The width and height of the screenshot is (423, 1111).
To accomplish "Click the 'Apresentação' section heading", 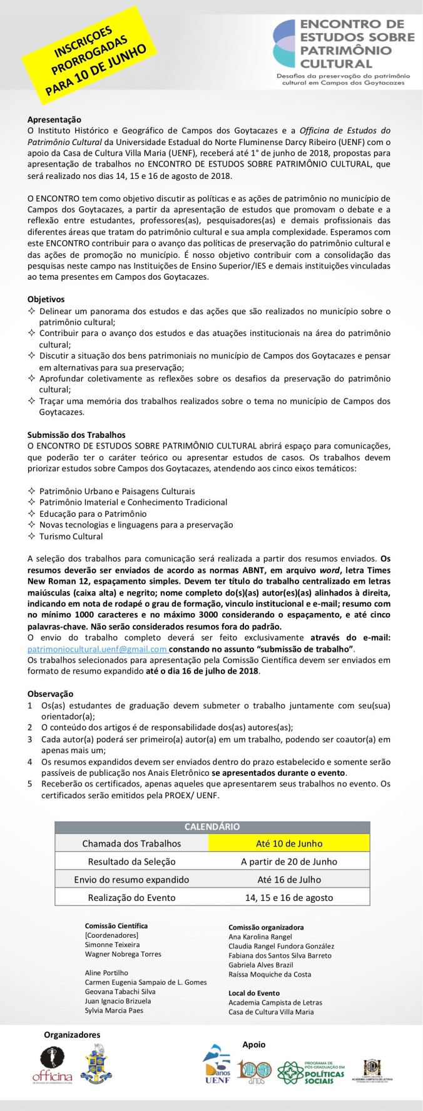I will pos(54,119).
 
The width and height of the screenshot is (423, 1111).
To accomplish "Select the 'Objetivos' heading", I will pos(46,299).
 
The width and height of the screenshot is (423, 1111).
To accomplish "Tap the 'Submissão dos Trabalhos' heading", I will pos(76,434).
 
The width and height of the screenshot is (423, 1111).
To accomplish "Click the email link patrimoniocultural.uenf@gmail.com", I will pos(97,649).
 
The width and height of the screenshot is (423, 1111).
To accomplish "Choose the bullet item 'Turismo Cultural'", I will pos(71,536).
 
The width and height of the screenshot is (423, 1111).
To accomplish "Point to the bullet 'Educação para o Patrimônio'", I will pos(93,514).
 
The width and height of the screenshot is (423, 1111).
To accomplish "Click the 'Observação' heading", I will pos(50,694).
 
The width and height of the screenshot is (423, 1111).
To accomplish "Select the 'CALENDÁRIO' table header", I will pos(211,826).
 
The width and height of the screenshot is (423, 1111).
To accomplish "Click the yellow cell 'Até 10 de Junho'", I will pos(289,843).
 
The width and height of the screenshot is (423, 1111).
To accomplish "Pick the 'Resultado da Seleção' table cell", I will pos(131,861).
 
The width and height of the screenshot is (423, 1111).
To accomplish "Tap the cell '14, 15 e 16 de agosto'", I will pos(289,897).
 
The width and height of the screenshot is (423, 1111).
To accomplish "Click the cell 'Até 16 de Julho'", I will pos(289,879).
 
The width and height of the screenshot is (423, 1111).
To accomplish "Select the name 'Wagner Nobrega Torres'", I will pos(123,954).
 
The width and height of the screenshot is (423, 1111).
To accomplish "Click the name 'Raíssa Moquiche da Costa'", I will pos(270,974).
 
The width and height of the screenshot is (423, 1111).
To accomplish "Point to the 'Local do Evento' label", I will pos(254,993).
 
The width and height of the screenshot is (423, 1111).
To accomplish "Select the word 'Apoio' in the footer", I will pos(254,1044).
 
